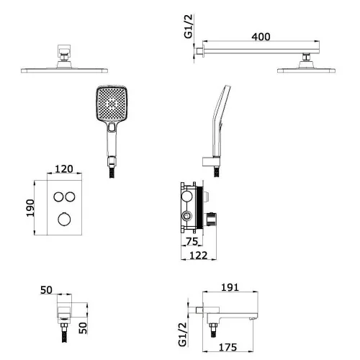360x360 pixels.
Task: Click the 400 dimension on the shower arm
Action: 261,37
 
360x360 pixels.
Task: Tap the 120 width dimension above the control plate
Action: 64,169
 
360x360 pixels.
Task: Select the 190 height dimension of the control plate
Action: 30,208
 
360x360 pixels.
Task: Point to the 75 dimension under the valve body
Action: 192,241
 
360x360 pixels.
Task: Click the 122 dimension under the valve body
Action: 199,256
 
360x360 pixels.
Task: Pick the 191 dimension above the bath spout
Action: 230,287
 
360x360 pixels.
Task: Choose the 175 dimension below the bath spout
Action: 228,347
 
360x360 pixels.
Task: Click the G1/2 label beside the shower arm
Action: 189,26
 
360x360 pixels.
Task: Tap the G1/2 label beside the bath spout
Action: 183,334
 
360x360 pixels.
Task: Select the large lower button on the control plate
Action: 64,219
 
